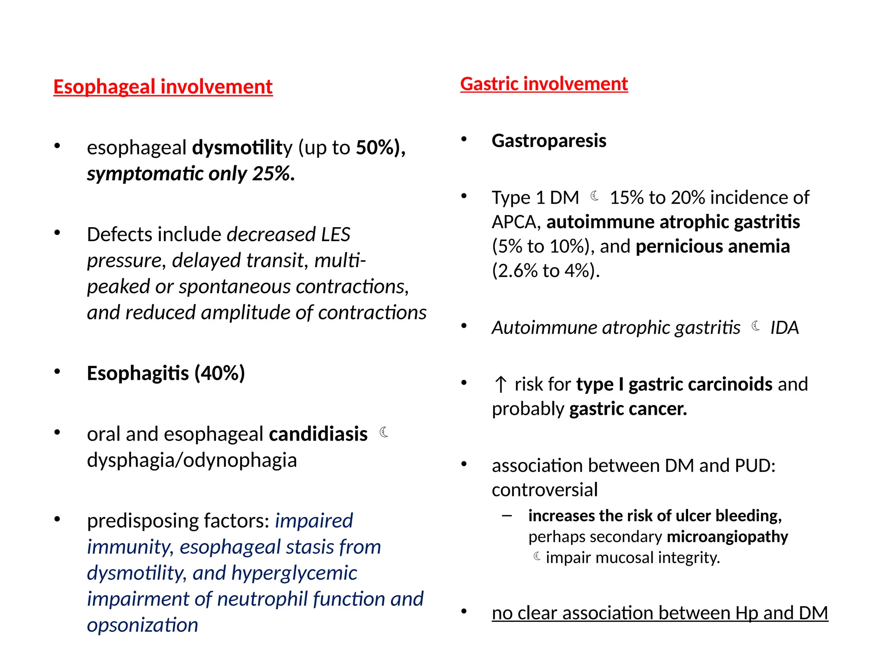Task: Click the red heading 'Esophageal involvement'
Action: [x=163, y=87]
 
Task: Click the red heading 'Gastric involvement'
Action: [x=544, y=84]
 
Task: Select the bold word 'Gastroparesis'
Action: [x=548, y=141]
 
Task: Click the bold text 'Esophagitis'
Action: [x=138, y=373]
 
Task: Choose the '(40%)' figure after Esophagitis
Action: [x=220, y=373]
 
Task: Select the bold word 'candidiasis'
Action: [x=318, y=434]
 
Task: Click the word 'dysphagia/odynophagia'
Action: [x=192, y=460]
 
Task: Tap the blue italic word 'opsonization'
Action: [x=142, y=625]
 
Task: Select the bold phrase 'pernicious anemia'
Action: [x=712, y=247]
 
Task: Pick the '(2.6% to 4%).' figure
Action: [x=545, y=271]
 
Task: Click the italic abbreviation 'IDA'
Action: [x=784, y=328]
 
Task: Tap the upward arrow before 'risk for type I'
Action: [x=500, y=385]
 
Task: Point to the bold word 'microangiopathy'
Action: [x=727, y=537]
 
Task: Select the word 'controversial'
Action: [x=545, y=490]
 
